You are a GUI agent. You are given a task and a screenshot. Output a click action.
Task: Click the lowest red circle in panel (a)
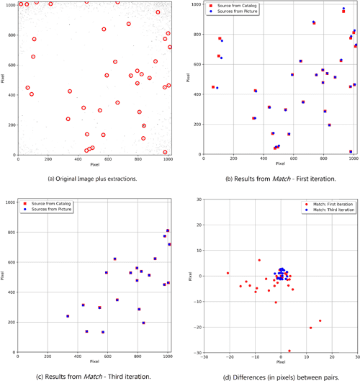(x=166, y=152)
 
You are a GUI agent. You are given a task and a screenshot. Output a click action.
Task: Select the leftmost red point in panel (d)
(x=228, y=273)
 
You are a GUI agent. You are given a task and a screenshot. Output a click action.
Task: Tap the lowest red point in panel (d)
(x=289, y=351)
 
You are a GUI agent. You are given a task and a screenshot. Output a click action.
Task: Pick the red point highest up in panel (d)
(x=259, y=260)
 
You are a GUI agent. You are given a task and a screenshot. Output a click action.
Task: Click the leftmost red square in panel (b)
(x=213, y=86)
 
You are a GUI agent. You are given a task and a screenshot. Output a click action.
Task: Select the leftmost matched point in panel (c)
(x=68, y=315)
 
